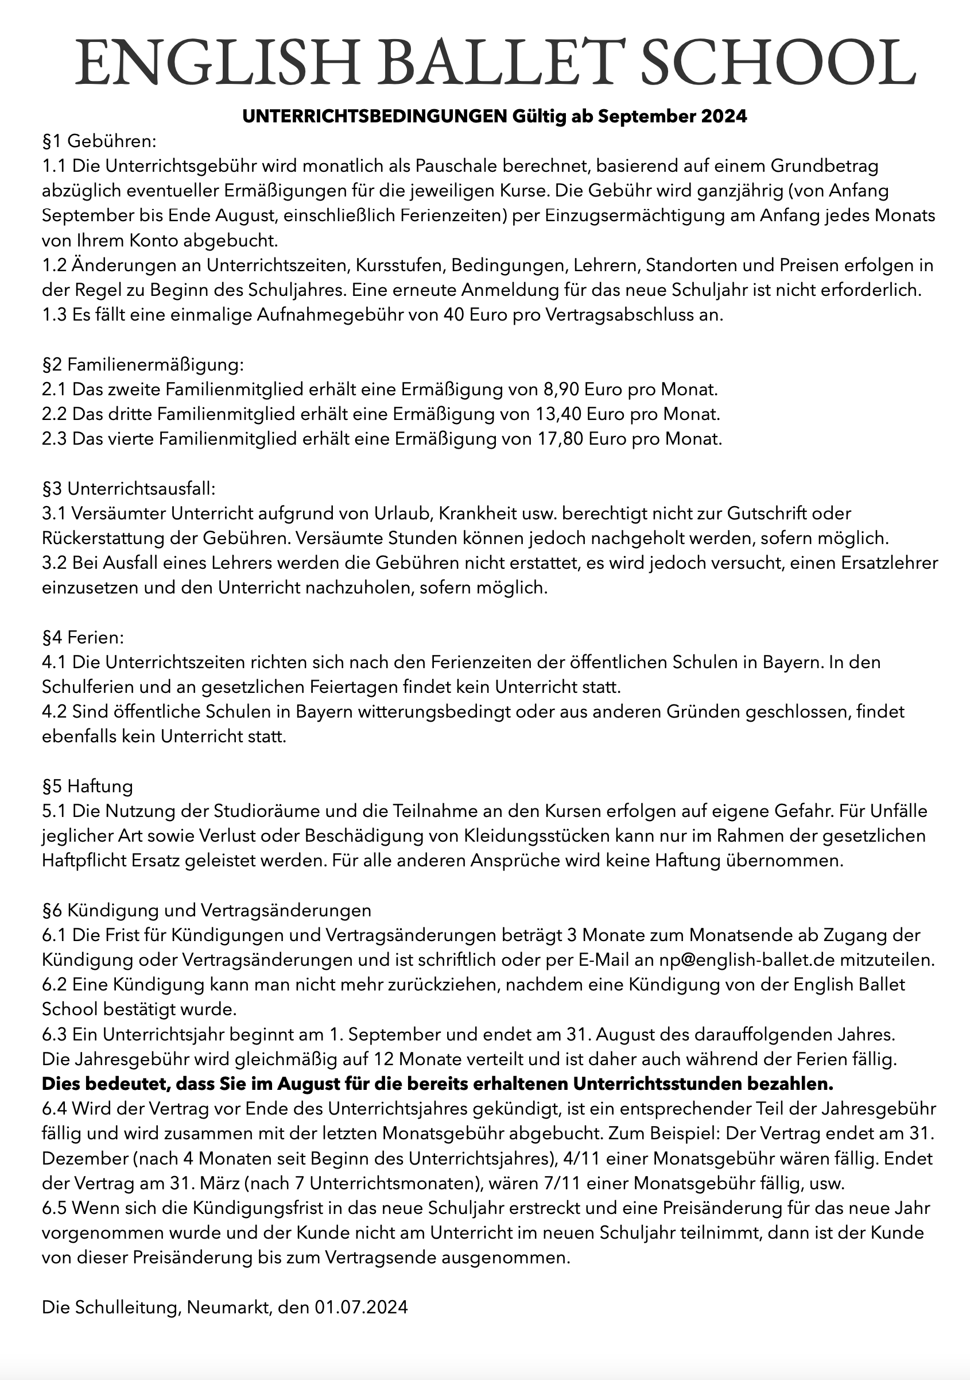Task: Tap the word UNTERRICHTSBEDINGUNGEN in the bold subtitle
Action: click(375, 116)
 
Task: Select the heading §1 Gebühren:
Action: click(99, 141)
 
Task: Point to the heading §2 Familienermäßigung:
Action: click(143, 364)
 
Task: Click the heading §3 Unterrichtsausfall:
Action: click(129, 488)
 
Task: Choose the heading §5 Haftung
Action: click(88, 786)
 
